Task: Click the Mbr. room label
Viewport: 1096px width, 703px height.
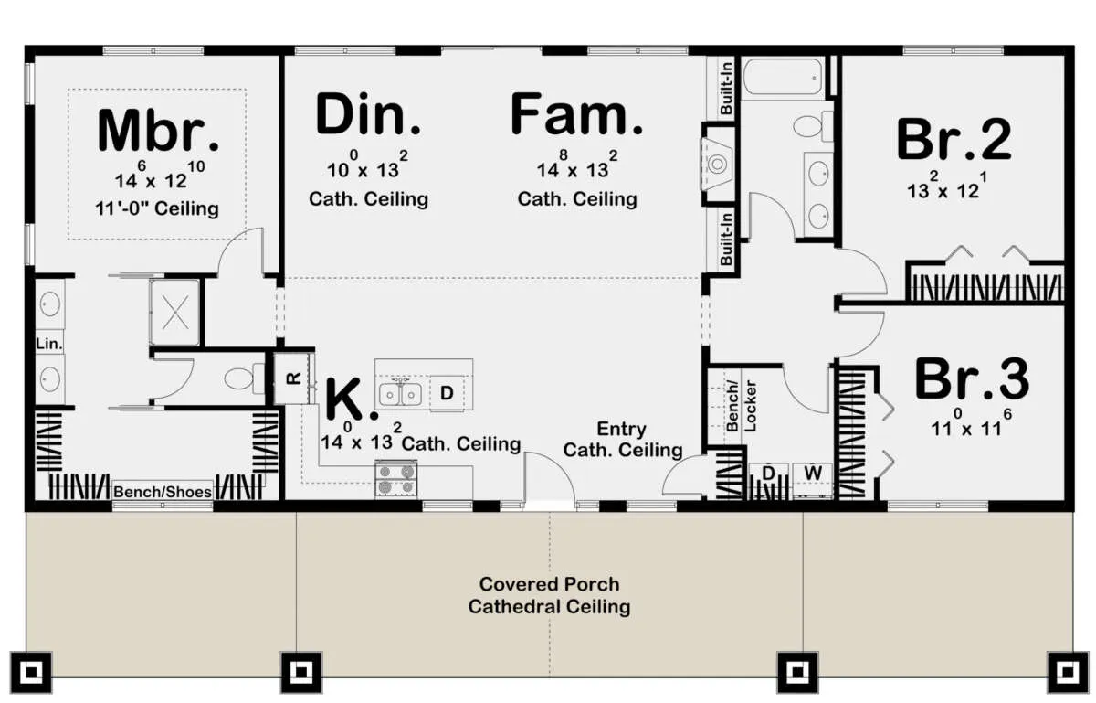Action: tap(158, 131)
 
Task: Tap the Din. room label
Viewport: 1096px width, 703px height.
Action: tap(368, 113)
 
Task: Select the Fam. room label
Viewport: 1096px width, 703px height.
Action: tap(576, 113)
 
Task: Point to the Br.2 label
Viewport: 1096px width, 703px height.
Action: tap(954, 139)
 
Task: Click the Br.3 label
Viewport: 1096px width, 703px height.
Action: tap(972, 378)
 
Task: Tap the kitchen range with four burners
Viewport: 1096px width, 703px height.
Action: tap(396, 479)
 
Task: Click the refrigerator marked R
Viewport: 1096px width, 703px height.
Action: tap(292, 378)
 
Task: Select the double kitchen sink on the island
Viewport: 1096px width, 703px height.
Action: tap(401, 393)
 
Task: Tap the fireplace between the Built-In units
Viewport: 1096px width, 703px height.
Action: tap(719, 164)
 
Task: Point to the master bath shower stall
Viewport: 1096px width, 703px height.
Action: tap(175, 312)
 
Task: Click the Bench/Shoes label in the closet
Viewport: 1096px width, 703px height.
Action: tap(163, 491)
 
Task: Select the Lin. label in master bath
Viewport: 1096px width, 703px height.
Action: tap(49, 344)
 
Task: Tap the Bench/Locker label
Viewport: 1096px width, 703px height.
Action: tap(742, 406)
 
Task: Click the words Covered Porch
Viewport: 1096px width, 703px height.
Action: tap(549, 584)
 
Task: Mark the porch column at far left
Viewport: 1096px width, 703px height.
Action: tap(31, 672)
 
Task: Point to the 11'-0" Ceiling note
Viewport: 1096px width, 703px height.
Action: tap(157, 208)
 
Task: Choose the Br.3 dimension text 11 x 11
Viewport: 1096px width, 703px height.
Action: tap(971, 423)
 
